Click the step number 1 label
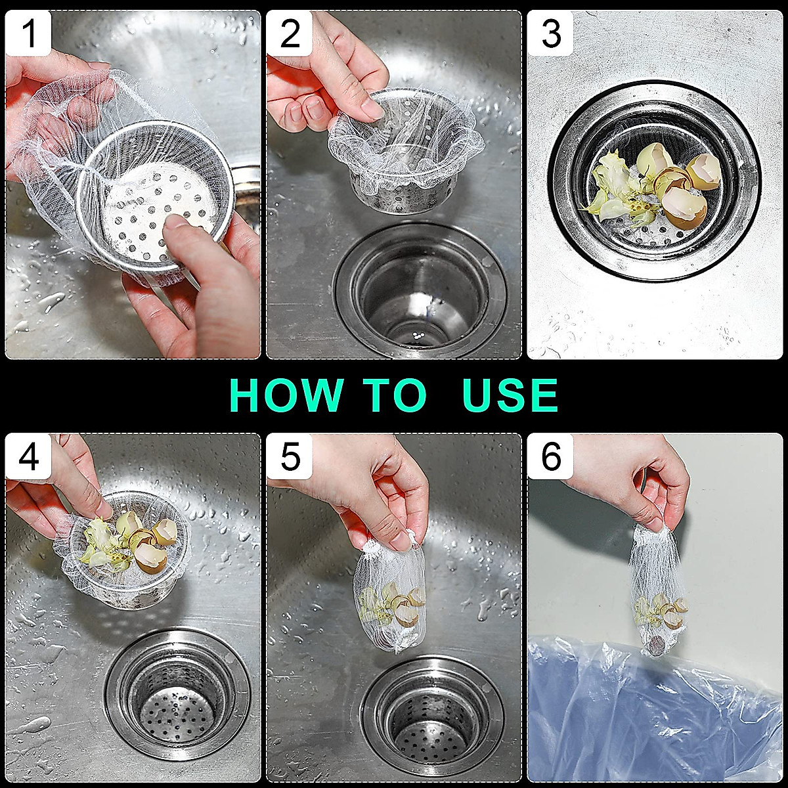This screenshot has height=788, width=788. [x=29, y=33]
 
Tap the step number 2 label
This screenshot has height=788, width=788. [x=290, y=33]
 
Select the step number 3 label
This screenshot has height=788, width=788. [x=550, y=33]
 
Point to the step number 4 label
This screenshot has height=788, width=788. [x=29, y=456]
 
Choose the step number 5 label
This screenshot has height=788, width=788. [x=290, y=456]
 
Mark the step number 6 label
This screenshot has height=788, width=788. [x=550, y=456]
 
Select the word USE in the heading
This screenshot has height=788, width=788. [x=510, y=395]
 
